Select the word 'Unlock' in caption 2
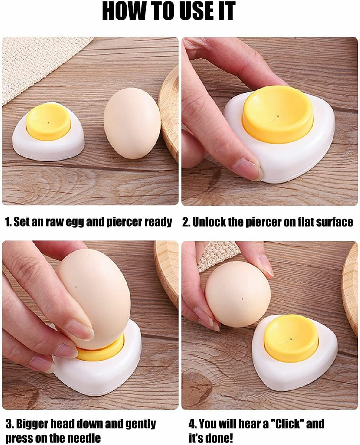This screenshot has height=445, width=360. coord(209,222)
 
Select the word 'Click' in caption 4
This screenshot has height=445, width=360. coord(287,424)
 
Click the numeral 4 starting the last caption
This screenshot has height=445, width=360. coord(192,424)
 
